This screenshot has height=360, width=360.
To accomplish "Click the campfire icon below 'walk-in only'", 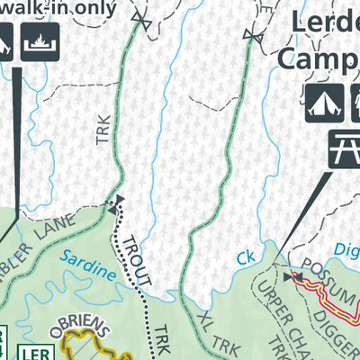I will (x=40, y=41).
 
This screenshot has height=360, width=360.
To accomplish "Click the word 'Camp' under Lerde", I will (x=319, y=57).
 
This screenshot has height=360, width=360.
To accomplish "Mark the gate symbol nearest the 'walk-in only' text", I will (x=140, y=17).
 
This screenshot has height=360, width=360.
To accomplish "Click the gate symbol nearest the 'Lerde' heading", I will (x=254, y=34).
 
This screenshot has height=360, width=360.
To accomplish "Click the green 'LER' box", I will (x=33, y=350).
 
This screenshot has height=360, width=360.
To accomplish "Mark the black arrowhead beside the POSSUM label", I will (x=288, y=277).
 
